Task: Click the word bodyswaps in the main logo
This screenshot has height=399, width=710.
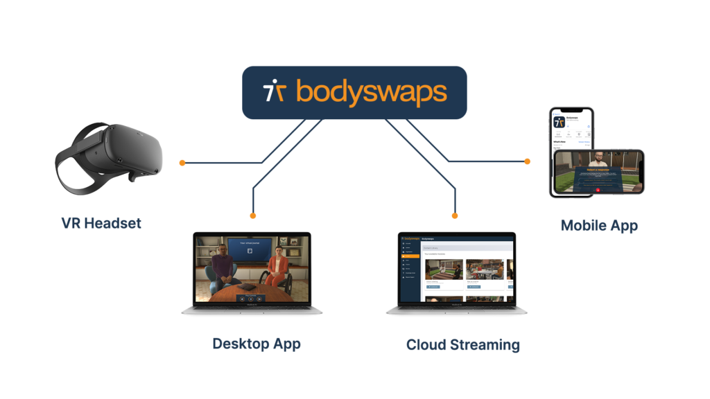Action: coord(371,92)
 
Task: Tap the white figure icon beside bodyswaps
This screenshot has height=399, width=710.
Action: coord(274,92)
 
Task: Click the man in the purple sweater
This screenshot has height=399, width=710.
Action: coord(221,266)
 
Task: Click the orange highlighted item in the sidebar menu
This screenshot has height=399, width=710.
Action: coord(406,256)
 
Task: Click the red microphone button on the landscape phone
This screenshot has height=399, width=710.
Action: coord(598,189)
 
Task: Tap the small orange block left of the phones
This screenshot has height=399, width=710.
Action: coord(533,162)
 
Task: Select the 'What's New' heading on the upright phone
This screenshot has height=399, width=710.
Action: coord(561,142)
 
